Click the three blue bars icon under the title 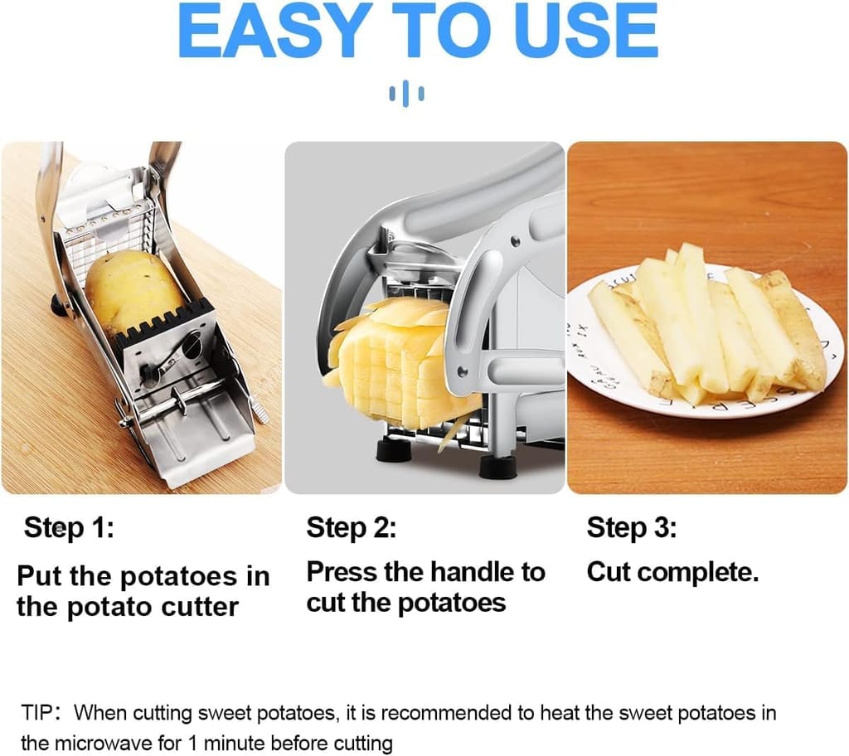pos(406,93)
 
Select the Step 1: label pos(69,528)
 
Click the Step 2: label pos(352,528)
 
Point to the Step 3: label pos(632,528)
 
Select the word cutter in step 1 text pos(198,608)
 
